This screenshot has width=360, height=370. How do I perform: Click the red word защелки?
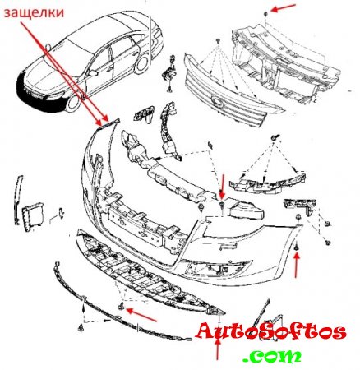pos(34,13)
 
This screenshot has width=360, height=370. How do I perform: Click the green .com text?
pos(272,356)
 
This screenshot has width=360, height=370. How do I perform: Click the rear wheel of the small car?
pos(142,63)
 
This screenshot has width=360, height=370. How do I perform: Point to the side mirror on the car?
pos(93,73)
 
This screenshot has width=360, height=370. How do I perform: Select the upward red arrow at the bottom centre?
pos(218,349)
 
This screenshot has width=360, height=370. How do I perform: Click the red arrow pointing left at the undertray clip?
pos(141,315)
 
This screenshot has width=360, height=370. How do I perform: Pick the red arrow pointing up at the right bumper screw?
pos(297,266)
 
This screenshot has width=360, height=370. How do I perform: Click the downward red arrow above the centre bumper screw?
pos(222,186)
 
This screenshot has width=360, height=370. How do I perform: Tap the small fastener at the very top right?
pos(265,14)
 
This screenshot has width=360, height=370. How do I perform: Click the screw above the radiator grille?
pos(218,41)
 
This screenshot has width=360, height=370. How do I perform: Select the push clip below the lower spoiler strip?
pos(81,327)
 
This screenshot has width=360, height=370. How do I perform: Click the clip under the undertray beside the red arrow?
pos(121,308)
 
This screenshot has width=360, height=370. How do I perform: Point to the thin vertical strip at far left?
pos(18,200)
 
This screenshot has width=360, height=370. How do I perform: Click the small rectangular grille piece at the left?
pos(33,216)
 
